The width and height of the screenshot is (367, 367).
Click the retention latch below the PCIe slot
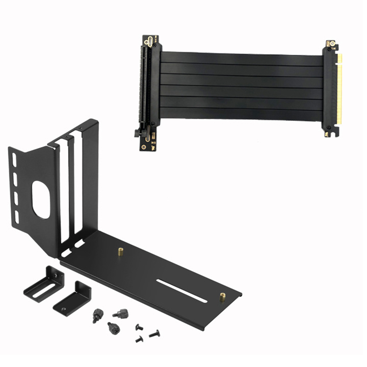click(139, 132)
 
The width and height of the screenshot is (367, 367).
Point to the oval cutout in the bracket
click(41, 200)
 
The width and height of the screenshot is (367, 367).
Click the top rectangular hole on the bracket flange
click(14, 159)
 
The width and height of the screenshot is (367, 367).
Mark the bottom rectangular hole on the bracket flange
click(16, 214)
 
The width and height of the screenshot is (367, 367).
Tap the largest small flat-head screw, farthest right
click(154, 334)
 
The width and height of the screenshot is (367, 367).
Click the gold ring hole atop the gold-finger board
click(332, 43)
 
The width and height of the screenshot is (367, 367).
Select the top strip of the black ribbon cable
click(242, 58)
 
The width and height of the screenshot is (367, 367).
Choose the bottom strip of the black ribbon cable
click(242, 114)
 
